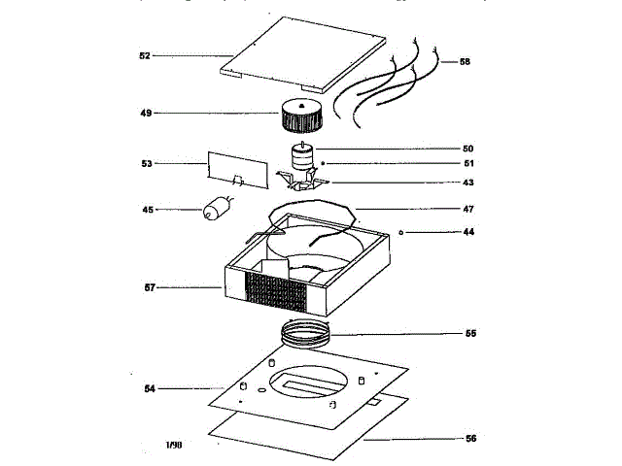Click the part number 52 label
pos(144,56)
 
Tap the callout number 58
pos(465,61)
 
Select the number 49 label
pos(146,114)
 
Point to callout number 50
pos(467,149)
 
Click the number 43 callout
pos(468,183)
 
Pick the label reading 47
pos(468,209)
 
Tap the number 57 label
pos(149,287)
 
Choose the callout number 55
pos(470,333)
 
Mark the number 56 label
pos(470,439)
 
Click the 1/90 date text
pos(174,445)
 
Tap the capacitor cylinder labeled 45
pos(216,209)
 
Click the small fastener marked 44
pos(402,232)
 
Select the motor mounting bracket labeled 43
pos(303,182)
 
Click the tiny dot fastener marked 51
pos(324,162)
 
